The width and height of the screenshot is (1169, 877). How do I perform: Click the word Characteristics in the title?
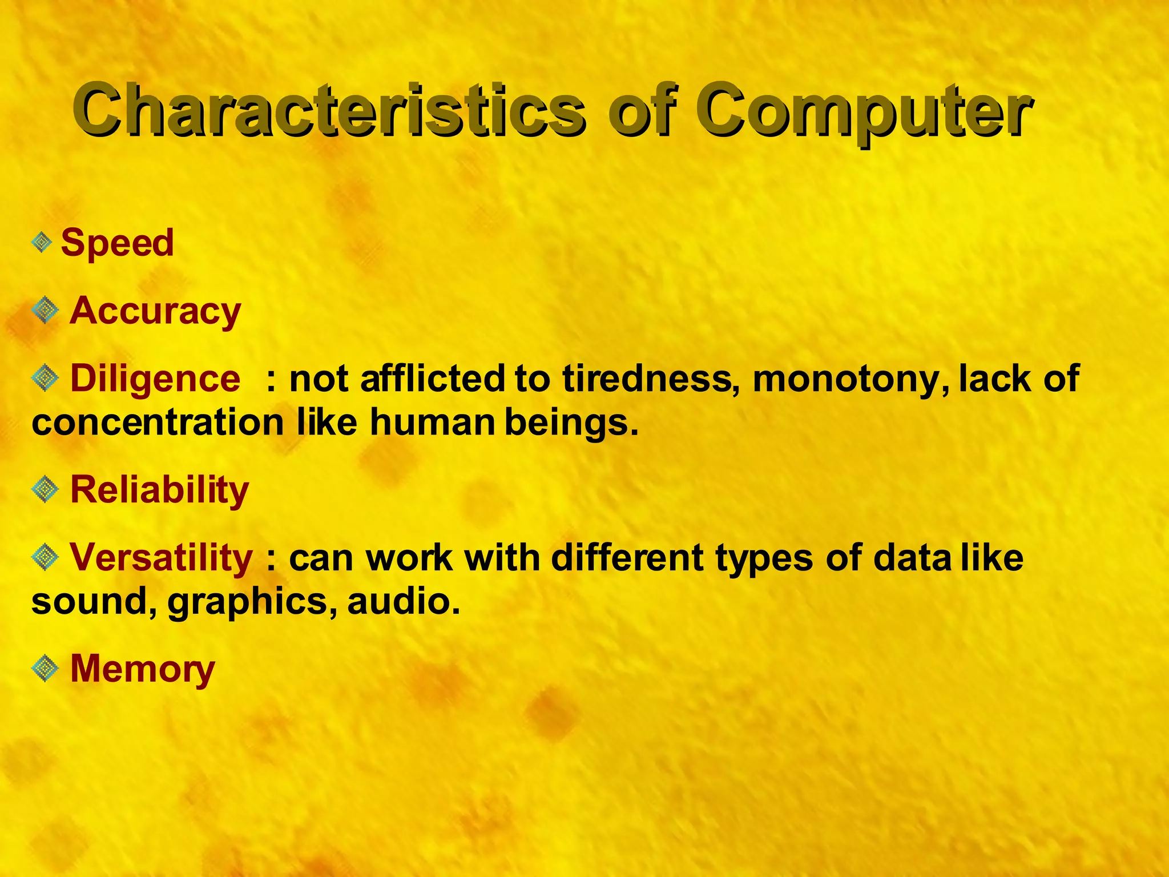[x=328, y=110]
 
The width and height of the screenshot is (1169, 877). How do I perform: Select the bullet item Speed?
[x=117, y=243]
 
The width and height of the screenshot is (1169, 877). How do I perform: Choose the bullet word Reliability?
[x=159, y=490]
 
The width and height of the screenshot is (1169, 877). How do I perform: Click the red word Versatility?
[x=161, y=557]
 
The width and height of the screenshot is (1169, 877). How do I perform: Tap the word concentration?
[x=158, y=423]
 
